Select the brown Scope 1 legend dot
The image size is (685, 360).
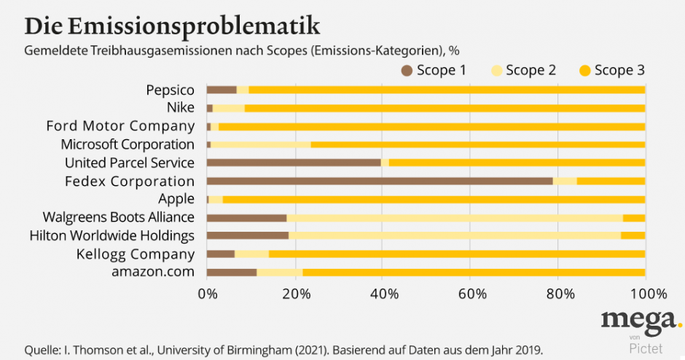[x=407, y=71]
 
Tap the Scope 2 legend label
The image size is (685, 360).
[x=531, y=71]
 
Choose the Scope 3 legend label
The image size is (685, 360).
[x=619, y=71]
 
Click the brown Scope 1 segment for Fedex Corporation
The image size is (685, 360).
[x=379, y=181]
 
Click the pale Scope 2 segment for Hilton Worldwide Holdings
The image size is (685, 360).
[x=455, y=235]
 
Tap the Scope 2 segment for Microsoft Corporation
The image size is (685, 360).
[x=260, y=144]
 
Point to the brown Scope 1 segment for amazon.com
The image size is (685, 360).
[x=232, y=273]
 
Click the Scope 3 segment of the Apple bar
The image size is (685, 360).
[x=434, y=199]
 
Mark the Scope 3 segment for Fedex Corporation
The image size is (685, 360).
[x=611, y=181]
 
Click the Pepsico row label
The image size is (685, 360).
[x=170, y=90]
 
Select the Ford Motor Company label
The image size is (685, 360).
[x=120, y=126]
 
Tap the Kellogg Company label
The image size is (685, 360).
[x=136, y=254]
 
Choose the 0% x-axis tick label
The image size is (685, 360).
[x=208, y=294]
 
